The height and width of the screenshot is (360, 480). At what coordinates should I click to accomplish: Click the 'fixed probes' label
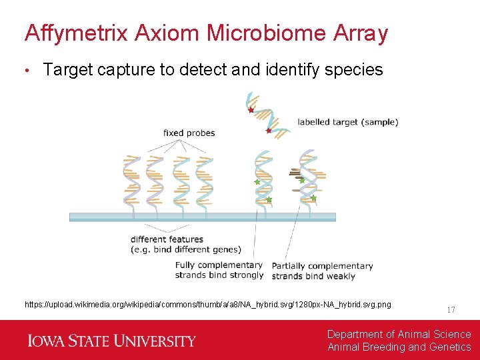click(189, 133)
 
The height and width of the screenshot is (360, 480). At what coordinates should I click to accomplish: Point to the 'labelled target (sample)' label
click(347, 122)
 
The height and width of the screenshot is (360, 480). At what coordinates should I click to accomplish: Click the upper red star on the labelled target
click(251, 110)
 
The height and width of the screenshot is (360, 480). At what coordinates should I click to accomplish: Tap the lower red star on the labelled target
click(269, 131)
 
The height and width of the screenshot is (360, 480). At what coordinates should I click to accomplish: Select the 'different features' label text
click(167, 239)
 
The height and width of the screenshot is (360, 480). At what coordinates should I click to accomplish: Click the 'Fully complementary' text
click(219, 265)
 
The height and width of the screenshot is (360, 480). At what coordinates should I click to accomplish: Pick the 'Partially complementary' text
click(322, 266)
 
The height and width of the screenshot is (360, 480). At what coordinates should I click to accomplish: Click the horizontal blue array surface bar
click(200, 217)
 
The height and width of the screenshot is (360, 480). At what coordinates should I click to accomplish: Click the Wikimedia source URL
click(208, 305)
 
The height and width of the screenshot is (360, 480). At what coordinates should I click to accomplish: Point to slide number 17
click(451, 310)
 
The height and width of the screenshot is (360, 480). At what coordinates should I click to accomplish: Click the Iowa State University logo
click(112, 341)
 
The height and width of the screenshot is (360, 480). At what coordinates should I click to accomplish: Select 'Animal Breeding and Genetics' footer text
click(399, 347)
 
